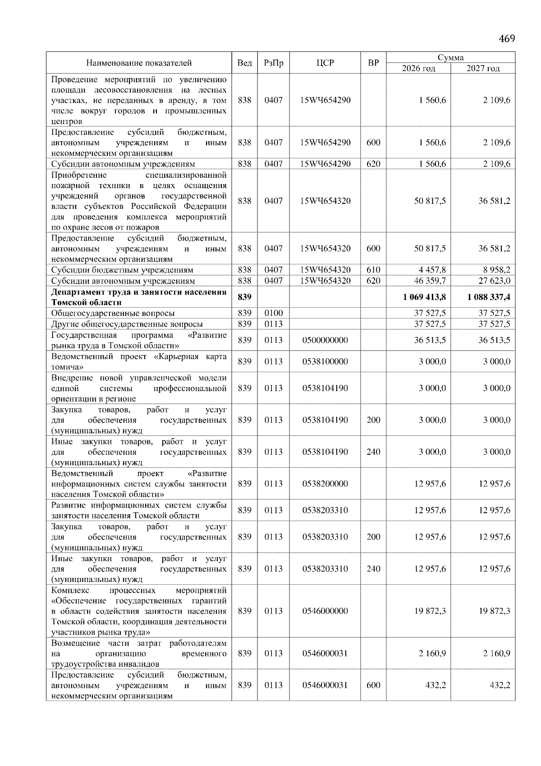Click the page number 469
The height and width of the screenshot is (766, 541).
point(507,39)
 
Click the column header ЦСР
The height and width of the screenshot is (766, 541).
point(325,63)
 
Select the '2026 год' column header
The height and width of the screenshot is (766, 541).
point(418,69)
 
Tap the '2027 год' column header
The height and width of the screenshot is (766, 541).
point(483,69)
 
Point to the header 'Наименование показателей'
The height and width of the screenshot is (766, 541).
point(139,63)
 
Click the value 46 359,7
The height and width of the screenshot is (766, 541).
point(430,281)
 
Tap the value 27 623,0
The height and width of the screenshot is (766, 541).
point(495,281)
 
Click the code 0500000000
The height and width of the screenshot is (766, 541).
point(325,341)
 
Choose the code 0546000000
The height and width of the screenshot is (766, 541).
point(325,611)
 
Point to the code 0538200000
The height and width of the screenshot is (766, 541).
point(325,484)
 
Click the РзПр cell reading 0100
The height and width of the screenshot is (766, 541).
point(273,314)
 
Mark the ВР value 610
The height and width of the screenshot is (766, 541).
point(373,270)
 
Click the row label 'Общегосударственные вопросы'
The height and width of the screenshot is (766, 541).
point(113,314)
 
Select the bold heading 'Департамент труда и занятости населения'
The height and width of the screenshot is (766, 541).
point(139,292)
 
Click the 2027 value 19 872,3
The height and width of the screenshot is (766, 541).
point(495,611)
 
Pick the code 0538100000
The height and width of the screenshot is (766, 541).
point(325,362)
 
